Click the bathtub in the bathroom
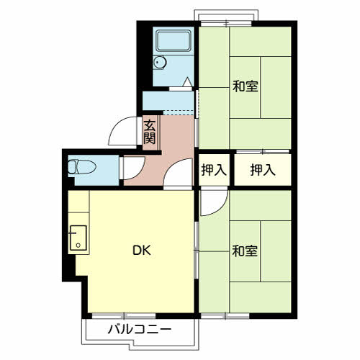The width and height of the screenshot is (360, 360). (174, 41)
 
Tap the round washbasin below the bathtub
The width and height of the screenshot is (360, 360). (160, 63)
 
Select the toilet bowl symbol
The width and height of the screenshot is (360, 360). (82, 167)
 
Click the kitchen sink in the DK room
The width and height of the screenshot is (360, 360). (78, 238)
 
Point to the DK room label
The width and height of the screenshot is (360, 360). (142, 251)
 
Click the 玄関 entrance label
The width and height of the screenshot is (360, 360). (150, 132)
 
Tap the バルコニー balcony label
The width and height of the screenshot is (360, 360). (140, 329)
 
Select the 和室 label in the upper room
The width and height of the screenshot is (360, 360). (245, 86)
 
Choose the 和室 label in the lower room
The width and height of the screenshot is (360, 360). (245, 251)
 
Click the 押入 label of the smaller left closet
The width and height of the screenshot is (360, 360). (214, 170)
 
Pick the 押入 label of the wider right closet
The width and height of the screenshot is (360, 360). (263, 170)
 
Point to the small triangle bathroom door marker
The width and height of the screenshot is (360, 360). (188, 82)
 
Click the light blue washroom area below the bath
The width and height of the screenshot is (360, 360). (168, 101)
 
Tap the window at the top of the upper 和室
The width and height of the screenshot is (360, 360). (226, 24)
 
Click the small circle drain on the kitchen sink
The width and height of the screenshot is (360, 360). (78, 245)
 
